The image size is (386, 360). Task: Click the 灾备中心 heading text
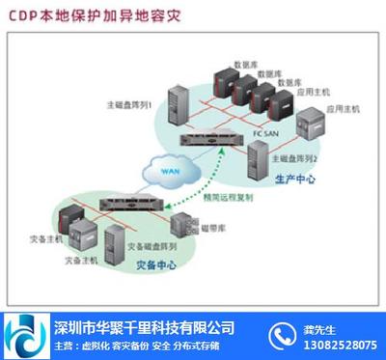pyautogui.click(x=153, y=267)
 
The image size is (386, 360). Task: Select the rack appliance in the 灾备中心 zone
pyautogui.click(x=126, y=204)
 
